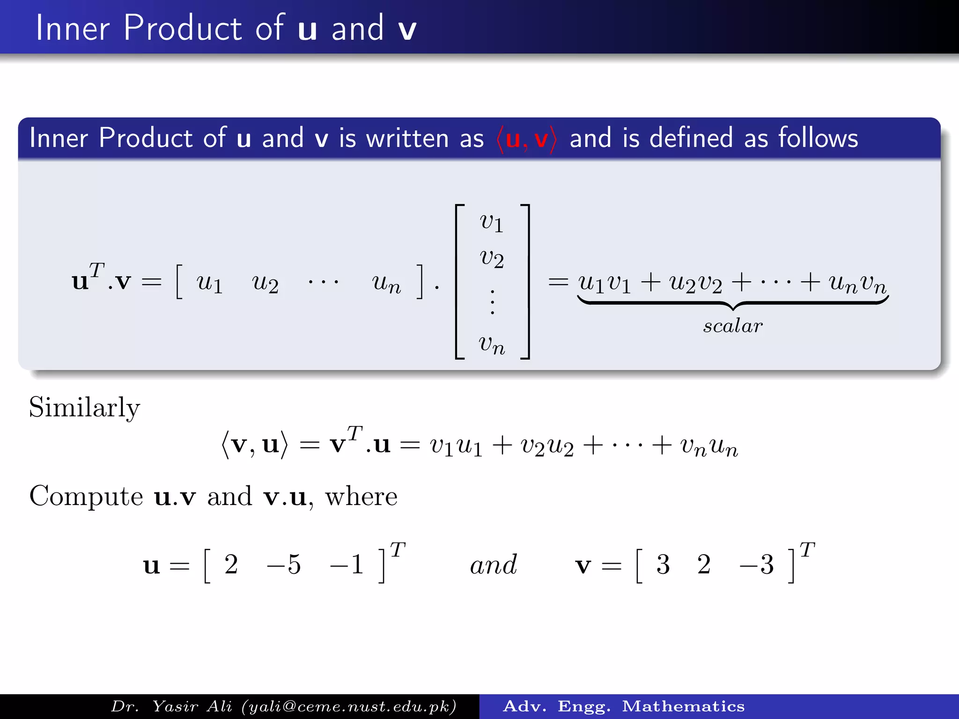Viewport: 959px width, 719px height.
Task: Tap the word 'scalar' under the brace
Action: [733, 326]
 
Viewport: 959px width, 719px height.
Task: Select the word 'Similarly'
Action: [84, 407]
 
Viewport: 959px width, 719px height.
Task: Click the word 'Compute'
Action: [86, 496]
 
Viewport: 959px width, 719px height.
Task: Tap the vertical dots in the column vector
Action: [492, 302]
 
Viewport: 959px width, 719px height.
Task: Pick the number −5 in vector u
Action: [284, 564]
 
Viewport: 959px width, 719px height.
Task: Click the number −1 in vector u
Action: [347, 564]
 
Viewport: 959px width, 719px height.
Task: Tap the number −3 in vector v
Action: [757, 564]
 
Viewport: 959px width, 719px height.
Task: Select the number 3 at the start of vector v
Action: [663, 564]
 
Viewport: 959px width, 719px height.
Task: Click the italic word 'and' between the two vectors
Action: [494, 565]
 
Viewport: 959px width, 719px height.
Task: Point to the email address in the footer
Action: [349, 706]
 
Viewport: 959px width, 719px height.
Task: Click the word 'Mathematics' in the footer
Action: [683, 706]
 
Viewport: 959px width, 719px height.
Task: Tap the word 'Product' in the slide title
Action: [183, 28]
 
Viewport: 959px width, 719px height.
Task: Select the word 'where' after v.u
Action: [361, 496]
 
